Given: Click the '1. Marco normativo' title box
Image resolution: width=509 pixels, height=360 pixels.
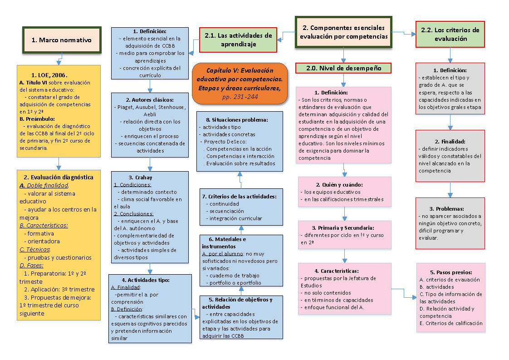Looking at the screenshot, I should [x=61, y=40].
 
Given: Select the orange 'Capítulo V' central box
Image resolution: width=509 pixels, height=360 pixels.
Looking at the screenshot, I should [x=240, y=83].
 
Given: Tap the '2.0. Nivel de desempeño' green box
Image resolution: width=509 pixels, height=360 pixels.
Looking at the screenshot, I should [x=343, y=69].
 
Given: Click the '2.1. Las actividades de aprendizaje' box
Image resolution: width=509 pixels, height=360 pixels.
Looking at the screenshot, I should [x=238, y=39].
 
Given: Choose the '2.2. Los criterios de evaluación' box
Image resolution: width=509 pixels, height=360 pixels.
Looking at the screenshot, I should [x=450, y=34].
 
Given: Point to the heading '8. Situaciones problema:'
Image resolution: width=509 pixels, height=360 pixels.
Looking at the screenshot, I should [x=240, y=120].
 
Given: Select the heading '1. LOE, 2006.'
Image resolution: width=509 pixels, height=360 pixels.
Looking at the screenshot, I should [x=49, y=75].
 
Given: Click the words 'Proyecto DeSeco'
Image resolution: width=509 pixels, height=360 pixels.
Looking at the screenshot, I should [x=223, y=142].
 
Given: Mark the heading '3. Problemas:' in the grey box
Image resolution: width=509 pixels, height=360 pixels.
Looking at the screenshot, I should [x=450, y=209].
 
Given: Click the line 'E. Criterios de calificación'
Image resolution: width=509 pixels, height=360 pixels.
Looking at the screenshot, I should [x=451, y=323].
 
